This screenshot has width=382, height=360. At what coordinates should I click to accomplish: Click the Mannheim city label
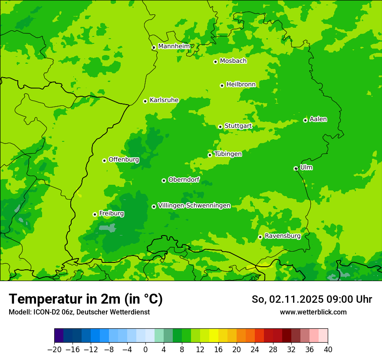pyautogui.click(x=174, y=46)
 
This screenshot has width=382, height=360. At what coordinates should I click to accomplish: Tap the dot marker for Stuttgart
pyautogui.click(x=220, y=127)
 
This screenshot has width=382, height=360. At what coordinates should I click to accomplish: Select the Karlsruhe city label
pyautogui.click(x=164, y=100)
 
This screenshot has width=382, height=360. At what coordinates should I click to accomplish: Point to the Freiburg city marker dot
pyautogui.click(x=95, y=214)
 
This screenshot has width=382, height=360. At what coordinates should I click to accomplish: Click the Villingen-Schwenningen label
pyautogui.click(x=194, y=205)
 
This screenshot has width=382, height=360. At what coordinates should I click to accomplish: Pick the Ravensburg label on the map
pyautogui.click(x=283, y=236)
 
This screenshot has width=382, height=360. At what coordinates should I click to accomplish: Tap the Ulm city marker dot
pyautogui.click(x=296, y=168)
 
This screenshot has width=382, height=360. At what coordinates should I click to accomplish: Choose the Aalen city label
pyautogui.click(x=318, y=119)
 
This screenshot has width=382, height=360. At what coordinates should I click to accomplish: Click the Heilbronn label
pyautogui.click(x=241, y=84)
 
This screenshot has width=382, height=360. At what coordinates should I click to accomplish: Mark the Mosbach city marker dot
pyautogui.click(x=215, y=62)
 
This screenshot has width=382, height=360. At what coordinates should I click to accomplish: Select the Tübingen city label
pyautogui.click(x=228, y=154)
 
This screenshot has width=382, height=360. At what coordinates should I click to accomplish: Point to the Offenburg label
pyautogui.click(x=124, y=159)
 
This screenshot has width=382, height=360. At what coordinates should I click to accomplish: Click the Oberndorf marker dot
pyautogui.click(x=164, y=180)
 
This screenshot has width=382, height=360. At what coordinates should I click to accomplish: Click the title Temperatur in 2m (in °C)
pyautogui.click(x=86, y=299)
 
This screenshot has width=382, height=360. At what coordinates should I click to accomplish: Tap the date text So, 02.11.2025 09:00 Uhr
pyautogui.click(x=312, y=299)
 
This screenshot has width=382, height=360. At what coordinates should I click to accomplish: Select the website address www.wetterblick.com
pyautogui.click(x=313, y=312)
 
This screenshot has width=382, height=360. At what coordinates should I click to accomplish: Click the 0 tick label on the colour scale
pyautogui.click(x=145, y=350)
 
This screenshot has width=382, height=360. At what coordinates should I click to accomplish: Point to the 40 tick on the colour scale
pyautogui.click(x=328, y=350)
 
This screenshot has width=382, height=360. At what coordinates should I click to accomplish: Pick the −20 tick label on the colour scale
pyautogui.click(x=54, y=350)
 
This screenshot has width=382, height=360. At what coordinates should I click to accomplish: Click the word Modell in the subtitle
pyautogui.click(x=19, y=312)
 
